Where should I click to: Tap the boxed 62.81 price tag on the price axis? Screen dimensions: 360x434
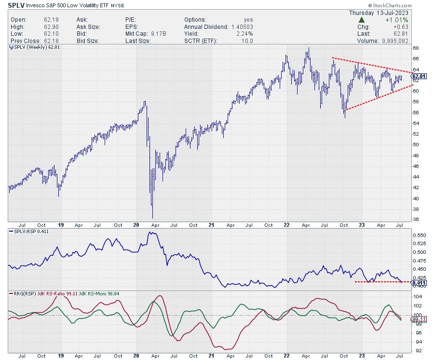(x=419, y=76)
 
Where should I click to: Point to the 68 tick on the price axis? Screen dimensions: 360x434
(x=416, y=48)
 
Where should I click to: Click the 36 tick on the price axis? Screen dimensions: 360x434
(x=416, y=220)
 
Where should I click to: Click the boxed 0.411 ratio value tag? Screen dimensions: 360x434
(x=419, y=282)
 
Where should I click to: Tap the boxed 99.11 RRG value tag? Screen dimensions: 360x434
(x=419, y=319)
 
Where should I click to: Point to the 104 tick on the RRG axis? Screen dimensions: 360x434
(x=417, y=298)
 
